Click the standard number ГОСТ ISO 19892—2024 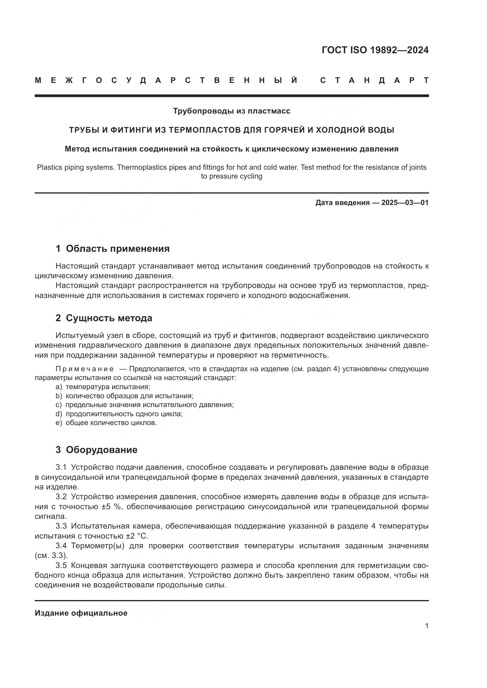(x=375, y=50)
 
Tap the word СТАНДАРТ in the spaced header (x=374, y=80)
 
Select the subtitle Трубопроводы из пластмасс (x=231, y=111)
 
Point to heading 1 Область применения (x=112, y=249)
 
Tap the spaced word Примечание (x=85, y=369)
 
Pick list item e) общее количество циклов (x=106, y=422)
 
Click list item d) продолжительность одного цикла (x=119, y=414)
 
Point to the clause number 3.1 (x=61, y=467)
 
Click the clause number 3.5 (x=61, y=565)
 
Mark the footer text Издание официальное (x=81, y=613)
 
